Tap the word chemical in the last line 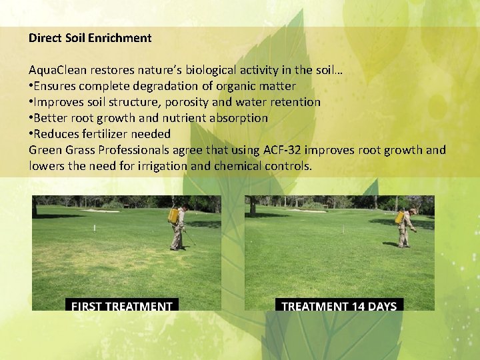237,166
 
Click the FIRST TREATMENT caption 122,306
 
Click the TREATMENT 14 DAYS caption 339,306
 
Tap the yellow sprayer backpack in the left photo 173,215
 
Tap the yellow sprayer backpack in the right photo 399,217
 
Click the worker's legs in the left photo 177,238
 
